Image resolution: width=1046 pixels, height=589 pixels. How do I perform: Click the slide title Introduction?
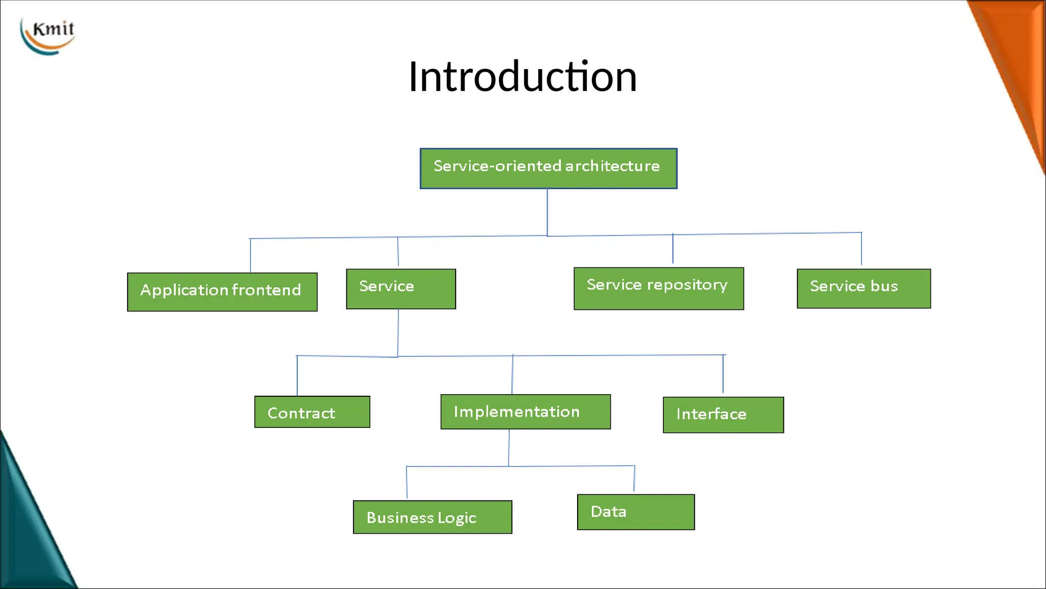pyautogui.click(x=522, y=77)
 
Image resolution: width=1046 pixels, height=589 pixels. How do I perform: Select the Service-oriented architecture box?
pyautogui.click(x=548, y=168)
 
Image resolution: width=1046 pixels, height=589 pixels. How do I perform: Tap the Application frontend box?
pyautogui.click(x=222, y=291)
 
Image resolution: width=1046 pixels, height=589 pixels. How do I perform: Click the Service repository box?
pyautogui.click(x=658, y=288)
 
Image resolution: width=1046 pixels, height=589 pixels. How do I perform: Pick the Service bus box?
pyautogui.click(x=863, y=288)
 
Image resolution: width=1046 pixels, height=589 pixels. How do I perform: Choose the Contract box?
pyautogui.click(x=312, y=412)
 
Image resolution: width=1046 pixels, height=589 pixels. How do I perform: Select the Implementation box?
pyautogui.click(x=525, y=412)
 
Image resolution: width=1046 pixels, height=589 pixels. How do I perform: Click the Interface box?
pyautogui.click(x=723, y=415)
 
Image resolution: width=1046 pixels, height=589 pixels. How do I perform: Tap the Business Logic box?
pyautogui.click(x=432, y=517)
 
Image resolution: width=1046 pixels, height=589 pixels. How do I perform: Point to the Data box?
pyautogui.click(x=635, y=512)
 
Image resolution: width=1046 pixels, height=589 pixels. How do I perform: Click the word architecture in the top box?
pyautogui.click(x=612, y=166)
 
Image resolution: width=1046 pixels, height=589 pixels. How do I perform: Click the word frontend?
pyautogui.click(x=266, y=290)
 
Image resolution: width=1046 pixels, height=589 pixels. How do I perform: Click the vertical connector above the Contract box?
pyautogui.click(x=297, y=376)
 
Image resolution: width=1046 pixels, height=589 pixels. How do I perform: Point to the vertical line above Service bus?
pyautogui.click(x=861, y=249)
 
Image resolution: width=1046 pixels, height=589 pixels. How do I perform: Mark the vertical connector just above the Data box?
pyautogui.click(x=634, y=479)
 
